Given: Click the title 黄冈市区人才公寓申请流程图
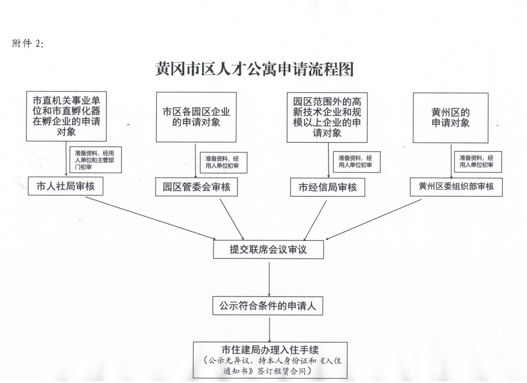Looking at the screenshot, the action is point(254,69).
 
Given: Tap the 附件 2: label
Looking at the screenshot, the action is point(28,43).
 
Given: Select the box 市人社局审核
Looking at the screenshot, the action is point(65,186).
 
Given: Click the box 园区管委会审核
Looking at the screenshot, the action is point(197,187).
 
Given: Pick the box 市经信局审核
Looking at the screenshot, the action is point(327,187).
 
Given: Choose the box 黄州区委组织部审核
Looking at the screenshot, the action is point(456,187).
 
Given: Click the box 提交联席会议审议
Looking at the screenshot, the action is point(268,249).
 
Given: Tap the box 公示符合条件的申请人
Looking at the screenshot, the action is point(268,306).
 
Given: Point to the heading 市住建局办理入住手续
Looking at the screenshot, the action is point(270,350).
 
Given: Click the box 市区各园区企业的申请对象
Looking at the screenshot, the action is point(196,117).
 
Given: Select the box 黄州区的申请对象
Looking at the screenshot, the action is point(451,118).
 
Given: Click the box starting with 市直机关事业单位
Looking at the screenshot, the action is point(66,116).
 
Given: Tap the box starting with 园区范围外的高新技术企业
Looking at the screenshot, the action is point(327,117).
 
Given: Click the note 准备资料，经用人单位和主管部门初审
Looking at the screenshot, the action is point(96,160).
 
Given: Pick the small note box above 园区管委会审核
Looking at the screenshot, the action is point(223,163).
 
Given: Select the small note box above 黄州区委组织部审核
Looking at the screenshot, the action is point(478,162).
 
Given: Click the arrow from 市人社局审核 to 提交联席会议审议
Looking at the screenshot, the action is point(151,218).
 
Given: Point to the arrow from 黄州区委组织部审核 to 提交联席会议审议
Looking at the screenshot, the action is point(374,220).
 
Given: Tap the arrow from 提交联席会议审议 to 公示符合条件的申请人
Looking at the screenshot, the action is point(270,279).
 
